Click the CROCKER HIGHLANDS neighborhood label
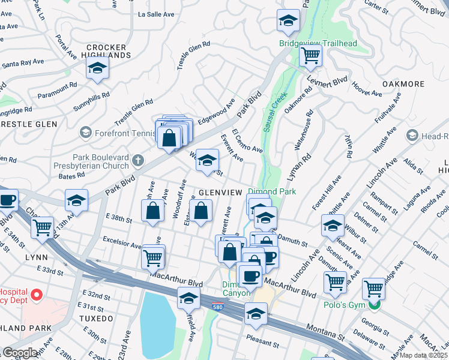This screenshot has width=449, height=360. [x=106, y=51]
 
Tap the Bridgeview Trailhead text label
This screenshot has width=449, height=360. [x=318, y=43]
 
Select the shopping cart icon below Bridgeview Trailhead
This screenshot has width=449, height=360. [x=310, y=56]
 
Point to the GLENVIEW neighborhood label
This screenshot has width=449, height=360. [x=220, y=192]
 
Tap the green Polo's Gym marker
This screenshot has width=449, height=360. [x=375, y=304]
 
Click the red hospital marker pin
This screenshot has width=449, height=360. [x=36, y=295]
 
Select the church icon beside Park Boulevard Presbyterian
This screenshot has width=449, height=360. [x=137, y=160]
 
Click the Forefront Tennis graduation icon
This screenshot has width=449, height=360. [x=86, y=132]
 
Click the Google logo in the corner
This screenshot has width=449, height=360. [x=20, y=352]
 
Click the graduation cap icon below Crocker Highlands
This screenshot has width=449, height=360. [x=97, y=69]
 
